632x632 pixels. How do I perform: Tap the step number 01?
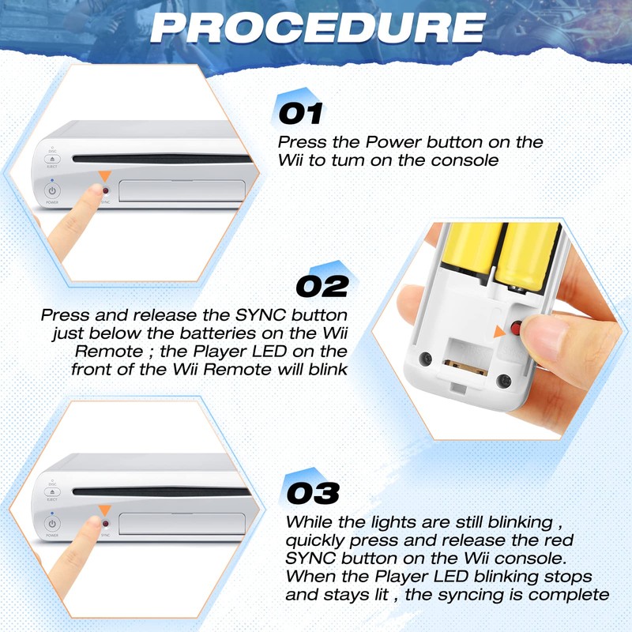point(301,113)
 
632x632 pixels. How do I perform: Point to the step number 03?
point(313,492)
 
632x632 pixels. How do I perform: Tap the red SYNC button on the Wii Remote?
point(514,328)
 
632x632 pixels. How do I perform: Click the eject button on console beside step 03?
point(53,492)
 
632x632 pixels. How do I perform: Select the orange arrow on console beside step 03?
point(103,510)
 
